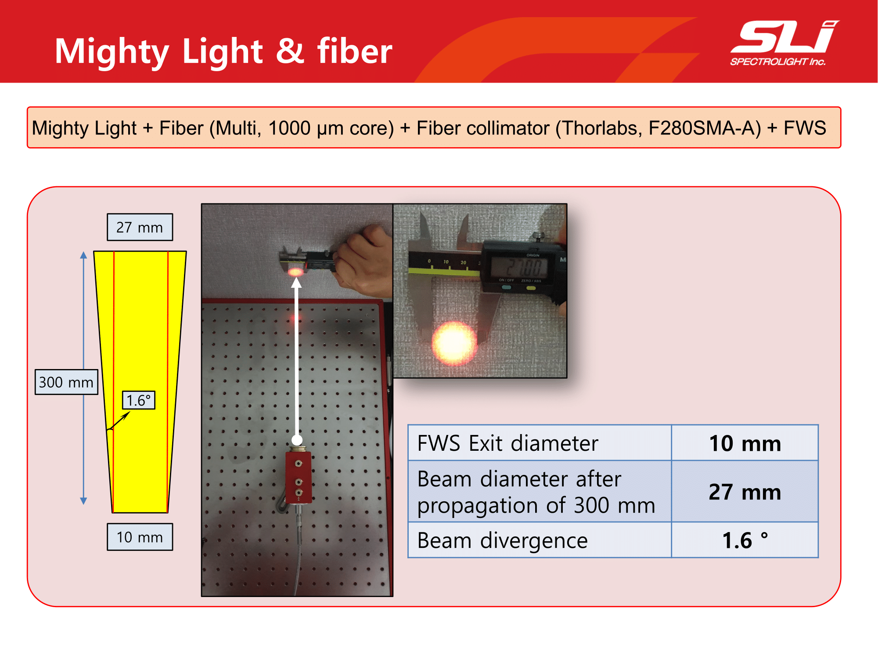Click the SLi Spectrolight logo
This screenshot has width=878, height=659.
784,43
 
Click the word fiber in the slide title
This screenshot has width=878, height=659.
355,51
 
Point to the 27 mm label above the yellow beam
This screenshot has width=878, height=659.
140,227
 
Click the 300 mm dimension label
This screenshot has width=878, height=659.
66,382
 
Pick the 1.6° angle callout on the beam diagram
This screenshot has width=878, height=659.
139,400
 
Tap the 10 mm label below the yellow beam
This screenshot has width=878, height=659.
140,537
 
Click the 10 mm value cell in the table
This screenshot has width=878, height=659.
745,443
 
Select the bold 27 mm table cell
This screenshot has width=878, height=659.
745,492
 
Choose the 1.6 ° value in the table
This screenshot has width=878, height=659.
745,540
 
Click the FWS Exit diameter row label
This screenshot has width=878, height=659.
508,443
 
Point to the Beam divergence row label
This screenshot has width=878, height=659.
502,540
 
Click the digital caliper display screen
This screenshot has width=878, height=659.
520,267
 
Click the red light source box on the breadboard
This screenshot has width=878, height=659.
299,477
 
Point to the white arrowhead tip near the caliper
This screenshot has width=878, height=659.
297,278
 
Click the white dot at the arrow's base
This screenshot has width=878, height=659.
297,440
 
